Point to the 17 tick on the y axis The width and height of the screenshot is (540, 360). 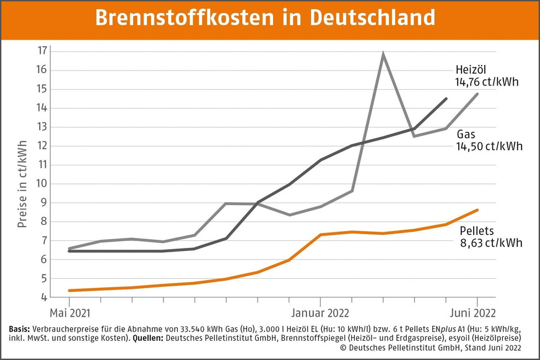43,51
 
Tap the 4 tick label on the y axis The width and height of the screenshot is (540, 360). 43,297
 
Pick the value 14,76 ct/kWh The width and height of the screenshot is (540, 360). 486,81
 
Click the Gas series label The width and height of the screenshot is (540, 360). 466,134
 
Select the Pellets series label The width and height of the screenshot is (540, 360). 477,231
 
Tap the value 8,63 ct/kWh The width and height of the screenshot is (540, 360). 491,243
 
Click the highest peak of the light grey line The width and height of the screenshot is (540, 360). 383,54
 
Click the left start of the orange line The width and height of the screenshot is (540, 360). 69,291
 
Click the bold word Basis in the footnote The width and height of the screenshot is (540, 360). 22,328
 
